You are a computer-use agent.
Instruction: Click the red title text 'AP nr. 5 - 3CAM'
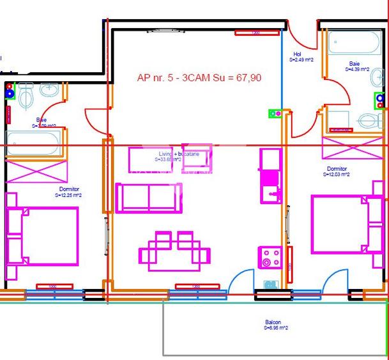coord(199,78)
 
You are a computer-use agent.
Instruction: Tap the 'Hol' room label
coord(297,54)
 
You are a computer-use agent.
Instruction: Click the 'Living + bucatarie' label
coord(179,155)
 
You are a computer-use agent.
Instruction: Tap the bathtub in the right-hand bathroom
coord(349,46)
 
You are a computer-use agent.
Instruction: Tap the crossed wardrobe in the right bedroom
coord(346,148)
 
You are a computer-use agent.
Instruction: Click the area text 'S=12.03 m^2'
coord(336,174)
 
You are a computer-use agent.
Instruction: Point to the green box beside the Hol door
coord(275,114)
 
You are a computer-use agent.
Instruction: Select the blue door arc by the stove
coord(243,281)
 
